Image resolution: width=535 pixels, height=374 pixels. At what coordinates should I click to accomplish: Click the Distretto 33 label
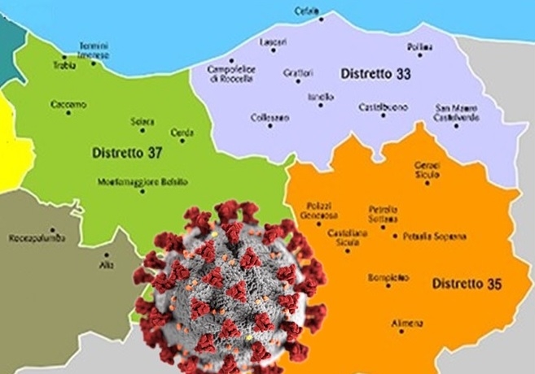(x=375, y=74)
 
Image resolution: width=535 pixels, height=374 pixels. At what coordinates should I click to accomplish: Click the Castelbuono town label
(x=383, y=106)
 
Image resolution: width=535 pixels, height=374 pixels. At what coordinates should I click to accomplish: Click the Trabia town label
(x=64, y=65)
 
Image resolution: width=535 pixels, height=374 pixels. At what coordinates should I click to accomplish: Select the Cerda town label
(x=182, y=132)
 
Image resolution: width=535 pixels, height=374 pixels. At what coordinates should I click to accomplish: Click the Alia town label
(x=106, y=265)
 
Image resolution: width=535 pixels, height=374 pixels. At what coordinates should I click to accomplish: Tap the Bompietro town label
(x=388, y=276)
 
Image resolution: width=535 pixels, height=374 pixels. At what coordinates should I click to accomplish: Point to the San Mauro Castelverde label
(x=457, y=113)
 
